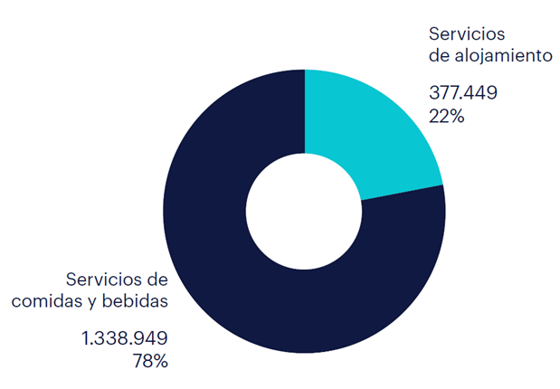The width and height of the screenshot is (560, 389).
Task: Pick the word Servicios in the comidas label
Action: [100, 279]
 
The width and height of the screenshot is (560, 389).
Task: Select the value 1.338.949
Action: [124, 339]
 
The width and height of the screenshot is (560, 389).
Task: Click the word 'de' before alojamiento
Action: [439, 55]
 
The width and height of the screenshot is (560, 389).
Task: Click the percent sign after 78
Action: [159, 361]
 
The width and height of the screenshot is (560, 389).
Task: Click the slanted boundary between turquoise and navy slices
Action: [398, 194]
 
